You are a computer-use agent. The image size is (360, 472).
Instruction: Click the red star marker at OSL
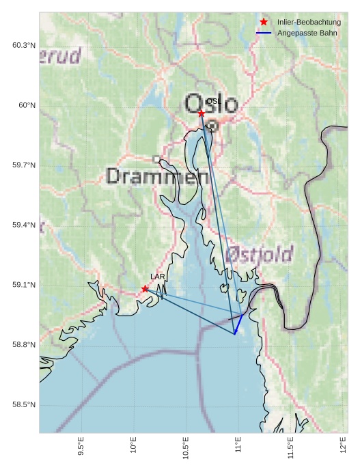coord(202,113)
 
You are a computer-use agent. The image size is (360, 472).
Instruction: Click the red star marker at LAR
coord(145,289)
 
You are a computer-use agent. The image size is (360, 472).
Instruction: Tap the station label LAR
coord(158,277)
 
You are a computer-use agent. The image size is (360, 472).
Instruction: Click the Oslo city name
coord(212,104)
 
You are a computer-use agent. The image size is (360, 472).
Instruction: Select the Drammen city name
coord(158,178)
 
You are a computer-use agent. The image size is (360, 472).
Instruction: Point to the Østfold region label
coord(259,255)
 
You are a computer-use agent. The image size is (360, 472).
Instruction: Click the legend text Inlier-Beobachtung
coord(309,23)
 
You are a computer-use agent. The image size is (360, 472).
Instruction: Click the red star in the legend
coord(264,23)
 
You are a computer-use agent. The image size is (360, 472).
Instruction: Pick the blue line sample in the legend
coord(264,33)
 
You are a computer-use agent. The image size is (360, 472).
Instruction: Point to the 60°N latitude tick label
coord(27,105)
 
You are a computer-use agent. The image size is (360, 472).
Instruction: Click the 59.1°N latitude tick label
coord(24,285)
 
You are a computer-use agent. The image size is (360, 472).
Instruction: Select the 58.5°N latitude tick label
coord(24,405)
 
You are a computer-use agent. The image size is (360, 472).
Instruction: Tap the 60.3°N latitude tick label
coord(24,45)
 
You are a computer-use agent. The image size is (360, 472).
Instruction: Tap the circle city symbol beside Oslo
coord(212,126)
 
